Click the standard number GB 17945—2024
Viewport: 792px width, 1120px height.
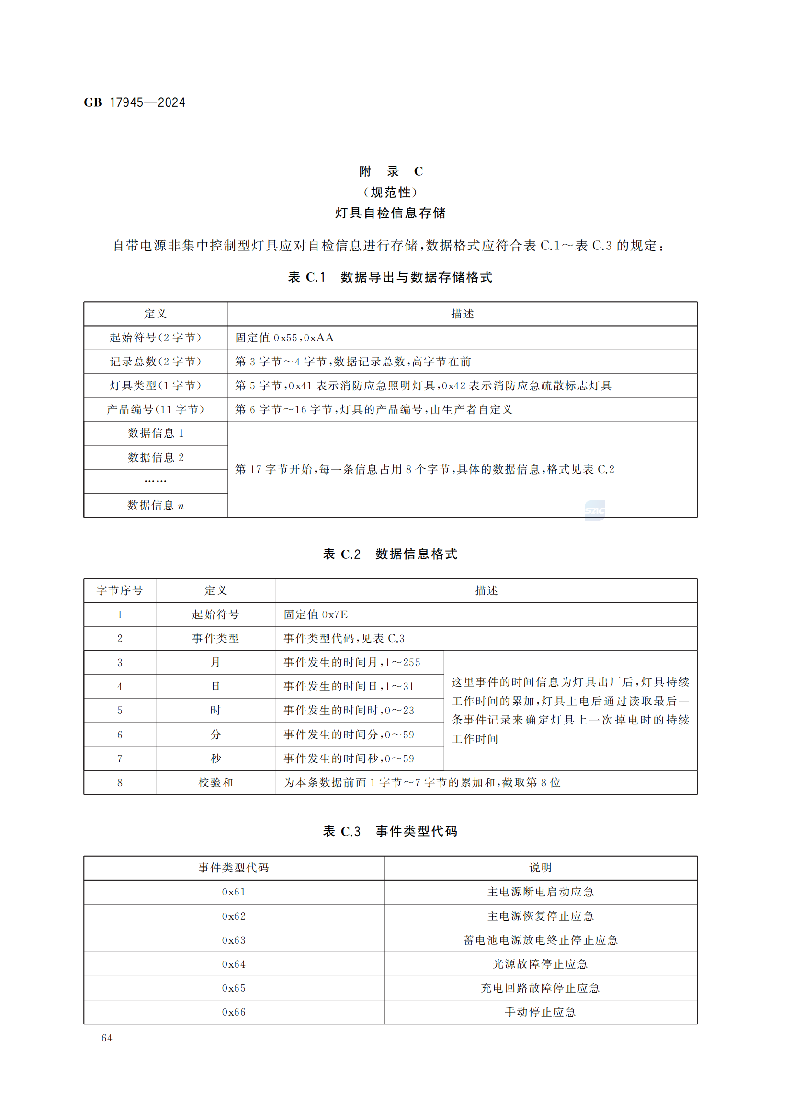coord(135,102)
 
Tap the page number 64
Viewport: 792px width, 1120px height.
coord(107,1038)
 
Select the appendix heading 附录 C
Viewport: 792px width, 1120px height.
coord(391,171)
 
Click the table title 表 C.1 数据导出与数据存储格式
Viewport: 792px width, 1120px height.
coord(390,277)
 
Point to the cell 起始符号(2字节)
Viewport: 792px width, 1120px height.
coord(156,338)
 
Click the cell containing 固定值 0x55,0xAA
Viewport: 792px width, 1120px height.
coord(284,338)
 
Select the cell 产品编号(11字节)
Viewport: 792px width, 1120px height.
coord(156,409)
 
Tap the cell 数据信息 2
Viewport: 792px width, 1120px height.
coord(156,457)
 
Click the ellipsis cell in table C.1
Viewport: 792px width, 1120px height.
coord(156,481)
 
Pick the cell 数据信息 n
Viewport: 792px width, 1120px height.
coord(156,505)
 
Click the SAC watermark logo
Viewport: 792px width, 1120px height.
coord(595,510)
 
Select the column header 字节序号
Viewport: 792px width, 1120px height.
coord(120,590)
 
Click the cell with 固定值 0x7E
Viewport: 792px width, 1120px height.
coord(316,614)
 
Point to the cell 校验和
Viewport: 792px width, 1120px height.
coord(215,782)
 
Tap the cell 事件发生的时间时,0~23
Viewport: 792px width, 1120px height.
coord(349,710)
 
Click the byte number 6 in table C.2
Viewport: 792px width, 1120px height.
coord(120,735)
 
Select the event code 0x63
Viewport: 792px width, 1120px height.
coord(234,940)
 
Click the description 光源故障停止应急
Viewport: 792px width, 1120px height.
coord(540,964)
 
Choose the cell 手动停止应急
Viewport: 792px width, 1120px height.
coord(540,1012)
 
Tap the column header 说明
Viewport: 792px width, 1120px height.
coord(540,868)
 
